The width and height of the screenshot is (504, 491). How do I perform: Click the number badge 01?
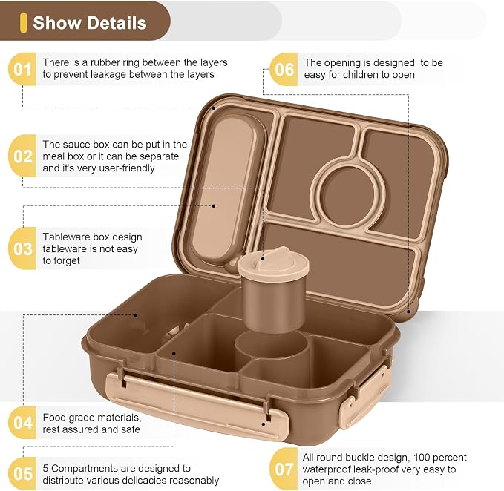click(x=22, y=69)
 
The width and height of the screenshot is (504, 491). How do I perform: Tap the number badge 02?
click(x=22, y=156)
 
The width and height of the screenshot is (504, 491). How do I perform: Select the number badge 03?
click(x=22, y=248)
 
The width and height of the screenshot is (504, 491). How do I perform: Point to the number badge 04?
click(x=22, y=423)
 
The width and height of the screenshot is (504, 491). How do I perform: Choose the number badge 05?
click(x=22, y=474)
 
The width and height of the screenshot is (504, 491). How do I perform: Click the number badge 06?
click(x=284, y=70)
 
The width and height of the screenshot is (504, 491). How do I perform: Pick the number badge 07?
click(x=284, y=469)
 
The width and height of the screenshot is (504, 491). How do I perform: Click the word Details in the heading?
click(x=117, y=23)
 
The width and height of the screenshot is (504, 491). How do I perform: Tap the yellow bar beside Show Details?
click(x=23, y=23)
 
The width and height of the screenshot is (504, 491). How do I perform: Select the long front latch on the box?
click(x=197, y=407)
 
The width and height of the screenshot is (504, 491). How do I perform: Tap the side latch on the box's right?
click(x=364, y=398)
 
